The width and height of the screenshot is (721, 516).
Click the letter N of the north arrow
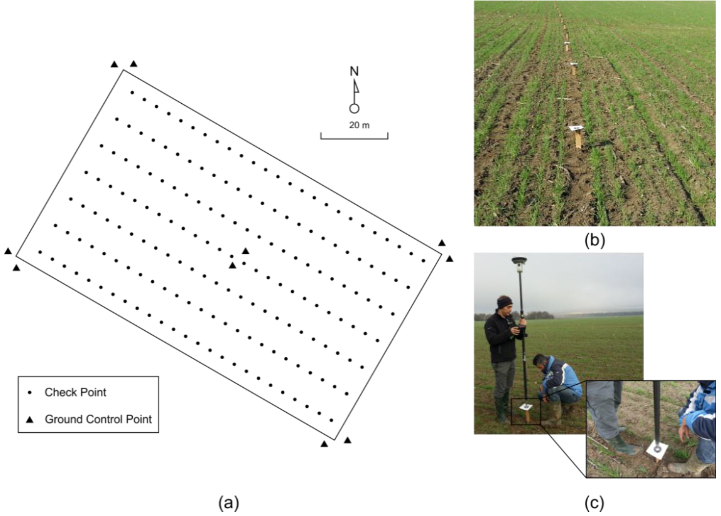click(354, 71)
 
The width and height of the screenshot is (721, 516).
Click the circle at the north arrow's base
click(354, 109)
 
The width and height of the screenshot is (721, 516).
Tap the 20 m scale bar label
click(359, 125)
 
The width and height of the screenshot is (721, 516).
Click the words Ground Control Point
click(98, 419)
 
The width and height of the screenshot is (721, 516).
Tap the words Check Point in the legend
click(75, 393)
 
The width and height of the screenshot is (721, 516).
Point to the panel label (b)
click(594, 240)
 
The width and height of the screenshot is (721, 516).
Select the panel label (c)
click(594, 503)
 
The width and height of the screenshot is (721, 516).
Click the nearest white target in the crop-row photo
click(576, 128)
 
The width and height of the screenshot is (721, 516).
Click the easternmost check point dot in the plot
click(423, 261)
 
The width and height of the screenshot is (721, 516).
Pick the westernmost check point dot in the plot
click(40, 252)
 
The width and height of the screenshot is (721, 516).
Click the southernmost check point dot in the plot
click(331, 420)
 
